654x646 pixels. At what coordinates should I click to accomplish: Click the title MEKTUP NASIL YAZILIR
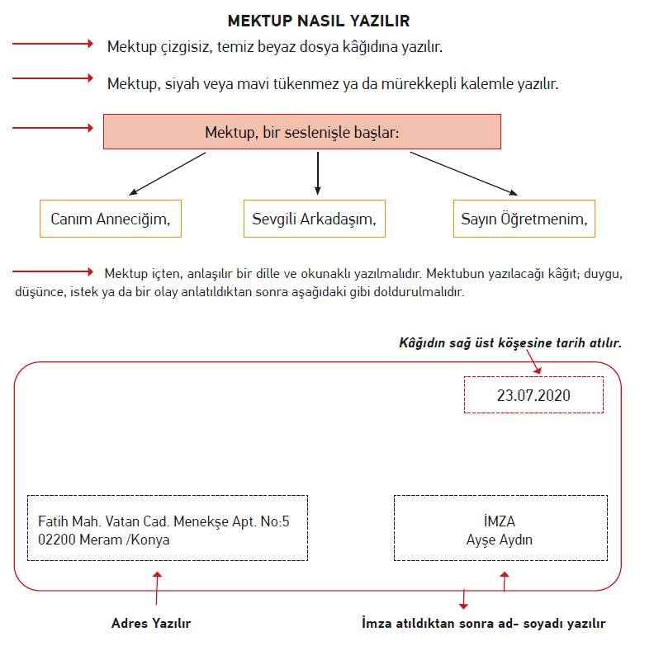point(319,21)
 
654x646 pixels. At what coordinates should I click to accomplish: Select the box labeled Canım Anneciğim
point(111,219)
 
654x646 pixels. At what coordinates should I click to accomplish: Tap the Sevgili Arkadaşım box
point(315,219)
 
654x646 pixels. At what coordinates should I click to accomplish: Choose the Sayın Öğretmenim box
point(524,219)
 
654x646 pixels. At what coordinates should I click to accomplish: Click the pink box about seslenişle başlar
point(302,132)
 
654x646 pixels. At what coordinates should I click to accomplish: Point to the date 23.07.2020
point(533,395)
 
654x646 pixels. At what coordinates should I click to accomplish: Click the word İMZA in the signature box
point(500,521)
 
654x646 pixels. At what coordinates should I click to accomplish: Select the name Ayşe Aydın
point(500,540)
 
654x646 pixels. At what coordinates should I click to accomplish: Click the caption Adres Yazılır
point(151,623)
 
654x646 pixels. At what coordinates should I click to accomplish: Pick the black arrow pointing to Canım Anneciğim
point(168,173)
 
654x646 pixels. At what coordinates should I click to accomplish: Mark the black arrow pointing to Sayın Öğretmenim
point(464,173)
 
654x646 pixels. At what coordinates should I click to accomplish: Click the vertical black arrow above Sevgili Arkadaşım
point(318,173)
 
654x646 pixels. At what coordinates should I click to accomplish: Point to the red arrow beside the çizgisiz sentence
point(53,44)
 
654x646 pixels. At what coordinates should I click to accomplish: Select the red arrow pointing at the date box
point(534,361)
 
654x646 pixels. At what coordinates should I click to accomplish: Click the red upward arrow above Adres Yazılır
point(157,588)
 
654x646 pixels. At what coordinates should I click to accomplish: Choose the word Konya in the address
point(150,540)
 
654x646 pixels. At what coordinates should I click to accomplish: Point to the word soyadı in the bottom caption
point(543,623)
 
